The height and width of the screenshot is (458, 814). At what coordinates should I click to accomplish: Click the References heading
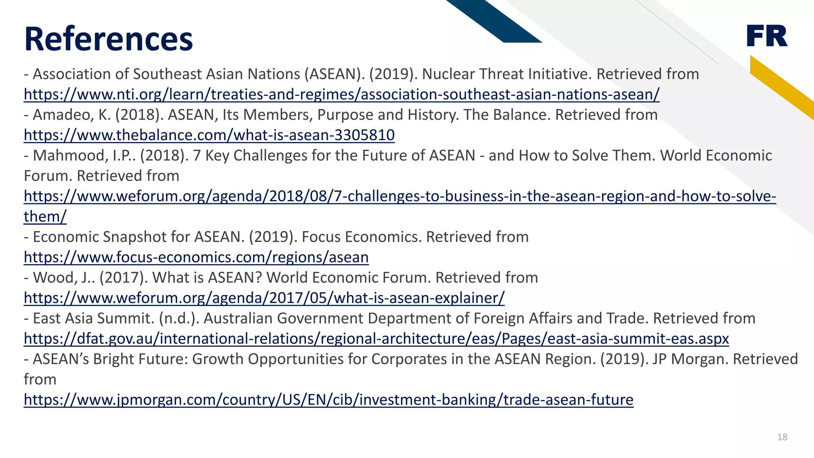[108, 39]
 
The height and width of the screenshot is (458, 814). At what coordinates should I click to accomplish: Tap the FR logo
[767, 36]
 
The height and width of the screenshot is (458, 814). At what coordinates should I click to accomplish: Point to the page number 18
[782, 437]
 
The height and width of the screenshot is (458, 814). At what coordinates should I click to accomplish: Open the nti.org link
[341, 95]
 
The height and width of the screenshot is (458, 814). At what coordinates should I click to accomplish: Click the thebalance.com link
[209, 135]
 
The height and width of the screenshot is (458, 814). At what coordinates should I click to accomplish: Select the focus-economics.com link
[196, 257]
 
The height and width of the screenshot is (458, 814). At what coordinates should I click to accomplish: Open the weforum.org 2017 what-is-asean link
[264, 298]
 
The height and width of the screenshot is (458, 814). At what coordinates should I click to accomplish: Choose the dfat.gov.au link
[376, 339]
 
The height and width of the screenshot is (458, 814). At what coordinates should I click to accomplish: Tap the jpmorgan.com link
[328, 400]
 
